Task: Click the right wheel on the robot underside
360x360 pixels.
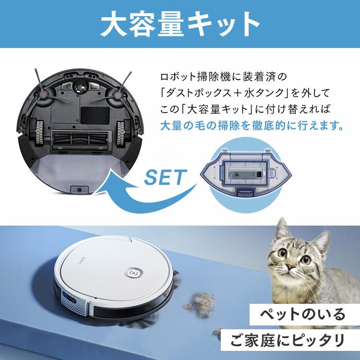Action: (x=124, y=130)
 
